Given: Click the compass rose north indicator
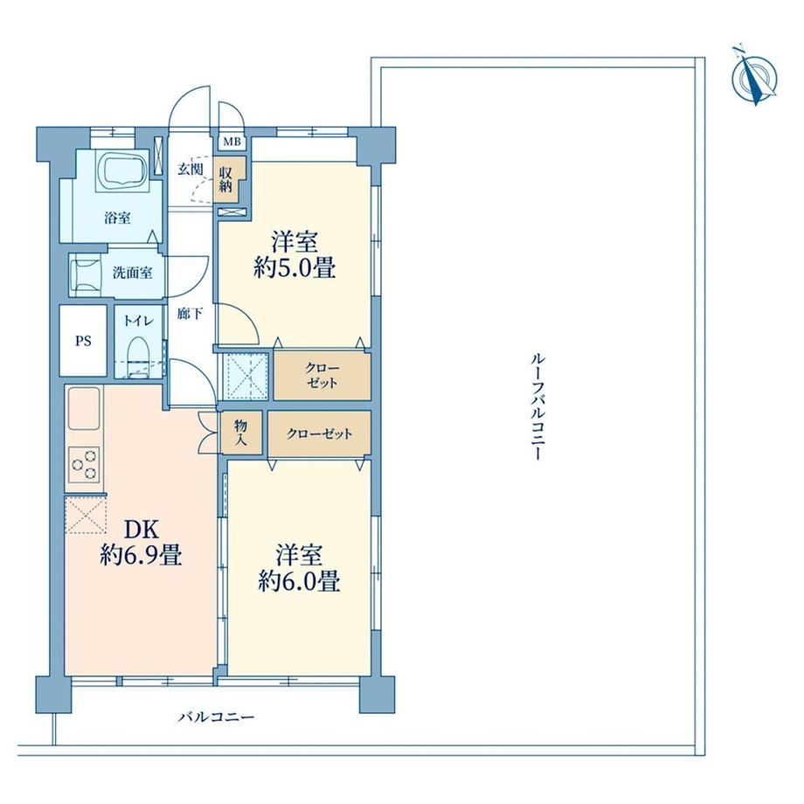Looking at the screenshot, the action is point(753,76).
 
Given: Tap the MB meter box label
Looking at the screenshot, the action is point(232,142).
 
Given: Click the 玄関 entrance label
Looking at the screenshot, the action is point(191,170).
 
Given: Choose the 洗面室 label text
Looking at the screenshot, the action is point(132,273).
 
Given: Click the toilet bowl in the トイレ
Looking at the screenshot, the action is point(137,356).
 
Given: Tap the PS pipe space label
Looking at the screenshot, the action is point(83,341).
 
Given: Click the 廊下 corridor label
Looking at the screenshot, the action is point(190,313).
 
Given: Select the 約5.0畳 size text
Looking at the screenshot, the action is point(295,267).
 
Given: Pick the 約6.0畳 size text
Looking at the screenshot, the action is point(298,581).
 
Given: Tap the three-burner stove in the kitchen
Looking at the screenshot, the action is point(84,464).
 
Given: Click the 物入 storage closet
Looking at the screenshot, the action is point(241,432).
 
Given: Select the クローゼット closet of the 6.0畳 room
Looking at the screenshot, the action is point(319,433).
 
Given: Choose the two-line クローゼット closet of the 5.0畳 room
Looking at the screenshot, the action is point(322,376).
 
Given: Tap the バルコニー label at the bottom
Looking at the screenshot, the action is point(216,717).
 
